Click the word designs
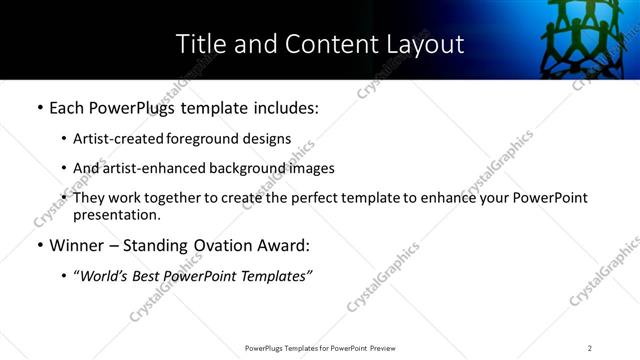(x=270, y=140)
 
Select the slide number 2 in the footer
(x=589, y=348)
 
